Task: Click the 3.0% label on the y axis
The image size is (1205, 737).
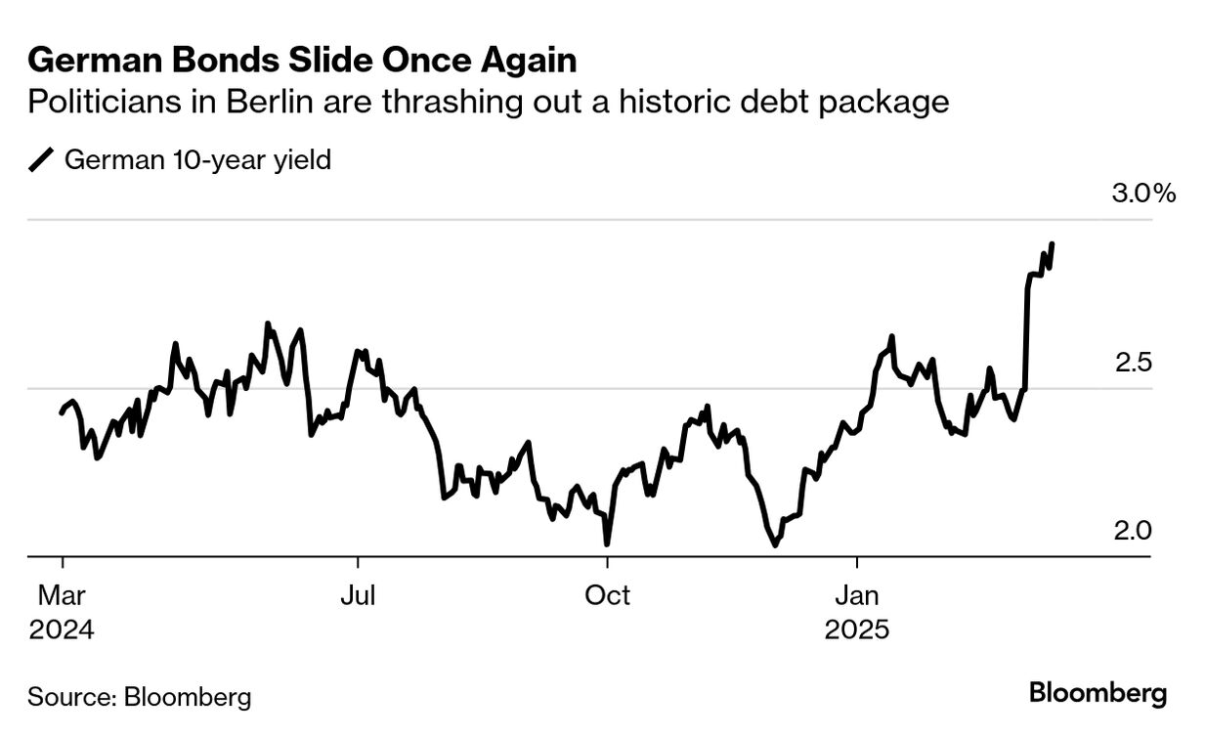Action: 1143,194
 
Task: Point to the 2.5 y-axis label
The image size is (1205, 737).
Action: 1133,363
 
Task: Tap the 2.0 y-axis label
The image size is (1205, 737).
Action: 1133,531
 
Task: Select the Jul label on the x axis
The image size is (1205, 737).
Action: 358,594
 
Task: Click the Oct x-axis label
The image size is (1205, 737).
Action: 607,594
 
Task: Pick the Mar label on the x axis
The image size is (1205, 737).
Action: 62,594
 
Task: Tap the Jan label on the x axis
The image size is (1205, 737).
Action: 857,594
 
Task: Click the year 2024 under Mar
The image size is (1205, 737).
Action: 62,629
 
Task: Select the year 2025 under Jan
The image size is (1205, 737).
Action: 857,629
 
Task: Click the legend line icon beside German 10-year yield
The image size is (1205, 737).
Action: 42,159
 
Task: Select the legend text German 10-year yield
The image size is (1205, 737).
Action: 197,159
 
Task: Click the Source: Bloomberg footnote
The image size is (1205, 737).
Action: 139,697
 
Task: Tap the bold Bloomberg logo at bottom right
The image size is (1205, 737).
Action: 1097,695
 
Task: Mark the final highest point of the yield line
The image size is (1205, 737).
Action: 1052,243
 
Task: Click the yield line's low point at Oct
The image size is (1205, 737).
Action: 607,543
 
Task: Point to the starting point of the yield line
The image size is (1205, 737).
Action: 62,413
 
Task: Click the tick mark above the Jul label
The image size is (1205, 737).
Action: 358,563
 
